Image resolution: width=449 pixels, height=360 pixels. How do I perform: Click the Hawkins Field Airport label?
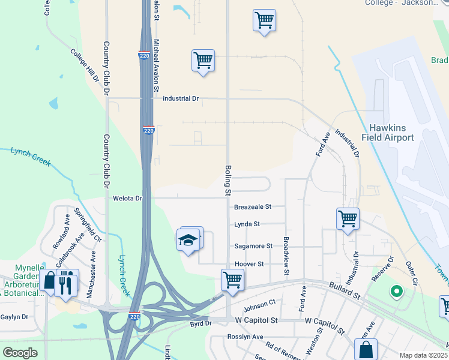pyautogui.click(x=391, y=133)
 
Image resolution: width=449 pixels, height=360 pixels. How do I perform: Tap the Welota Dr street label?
pyautogui.click(x=127, y=198)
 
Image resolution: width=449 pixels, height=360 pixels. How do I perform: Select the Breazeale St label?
pyautogui.click(x=253, y=206)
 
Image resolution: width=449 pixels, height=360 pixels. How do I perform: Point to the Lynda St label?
pyautogui.click(x=247, y=224)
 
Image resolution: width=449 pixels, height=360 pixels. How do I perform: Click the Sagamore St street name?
pyautogui.click(x=253, y=246)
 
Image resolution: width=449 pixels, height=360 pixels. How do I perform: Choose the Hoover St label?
pyautogui.click(x=249, y=264)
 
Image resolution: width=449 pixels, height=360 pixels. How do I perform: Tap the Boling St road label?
pyautogui.click(x=228, y=181)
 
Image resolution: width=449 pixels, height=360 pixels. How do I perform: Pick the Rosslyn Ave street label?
pyautogui.click(x=245, y=337)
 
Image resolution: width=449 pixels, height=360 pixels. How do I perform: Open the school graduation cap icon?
pyautogui.click(x=188, y=240)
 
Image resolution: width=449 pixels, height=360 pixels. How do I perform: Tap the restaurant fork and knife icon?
pyautogui.click(x=66, y=281)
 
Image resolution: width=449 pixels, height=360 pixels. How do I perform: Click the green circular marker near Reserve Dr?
pyautogui.click(x=396, y=292)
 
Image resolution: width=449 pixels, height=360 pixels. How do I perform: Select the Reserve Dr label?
pyautogui.click(x=382, y=269)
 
